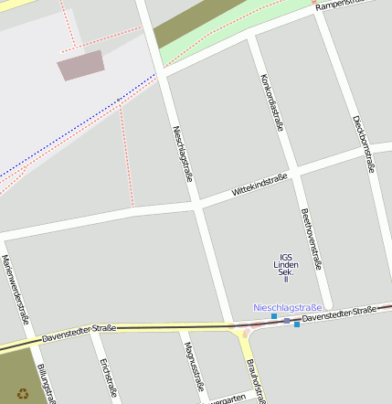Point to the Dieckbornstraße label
pos(362,144)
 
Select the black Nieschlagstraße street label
pos(182,153)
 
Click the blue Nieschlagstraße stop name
pos(287,307)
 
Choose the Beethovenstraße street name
pos(311,239)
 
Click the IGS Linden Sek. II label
pos(286,267)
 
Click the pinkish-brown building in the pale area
pos(81,65)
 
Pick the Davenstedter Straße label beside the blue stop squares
pos(339,314)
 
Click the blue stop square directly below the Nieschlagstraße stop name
pos(274,317)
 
